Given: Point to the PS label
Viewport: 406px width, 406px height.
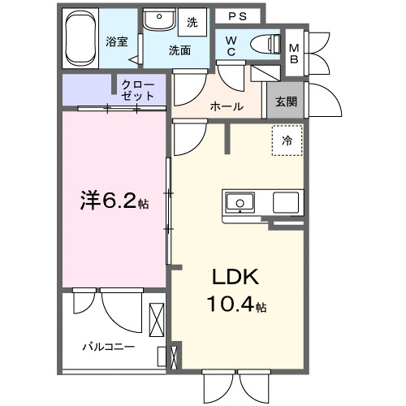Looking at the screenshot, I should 237,15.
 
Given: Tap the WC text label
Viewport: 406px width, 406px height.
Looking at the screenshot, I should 232,47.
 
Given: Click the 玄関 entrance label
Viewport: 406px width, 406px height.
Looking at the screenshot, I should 285,102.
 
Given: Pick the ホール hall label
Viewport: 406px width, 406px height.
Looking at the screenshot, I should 227,106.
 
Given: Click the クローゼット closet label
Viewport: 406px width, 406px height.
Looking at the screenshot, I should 139,89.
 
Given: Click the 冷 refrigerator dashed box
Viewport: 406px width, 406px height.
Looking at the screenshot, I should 287,140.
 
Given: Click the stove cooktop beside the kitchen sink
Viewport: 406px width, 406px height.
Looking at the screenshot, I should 287,201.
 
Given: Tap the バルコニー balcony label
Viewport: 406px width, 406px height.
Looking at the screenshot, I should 108,347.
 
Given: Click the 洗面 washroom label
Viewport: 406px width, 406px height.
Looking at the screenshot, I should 179,50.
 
